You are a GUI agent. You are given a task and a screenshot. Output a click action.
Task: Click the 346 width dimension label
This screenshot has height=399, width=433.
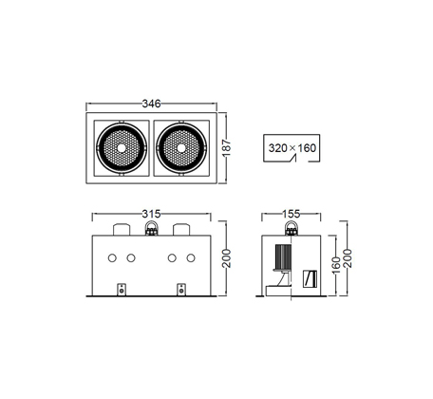tap(151, 104)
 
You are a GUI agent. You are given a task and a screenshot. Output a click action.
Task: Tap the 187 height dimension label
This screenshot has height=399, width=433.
tap(227, 148)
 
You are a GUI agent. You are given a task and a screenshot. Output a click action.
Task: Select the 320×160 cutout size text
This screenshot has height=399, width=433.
tap(292, 148)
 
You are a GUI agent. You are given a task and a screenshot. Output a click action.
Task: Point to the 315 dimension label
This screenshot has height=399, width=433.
tap(151, 214)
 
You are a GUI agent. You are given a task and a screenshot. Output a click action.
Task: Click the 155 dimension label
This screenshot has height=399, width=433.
tap(291, 214)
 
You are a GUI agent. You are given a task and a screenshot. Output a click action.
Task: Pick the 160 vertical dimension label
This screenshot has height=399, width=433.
tap(336, 265)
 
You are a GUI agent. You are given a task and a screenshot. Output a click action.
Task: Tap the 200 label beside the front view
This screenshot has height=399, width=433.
tap(227, 258)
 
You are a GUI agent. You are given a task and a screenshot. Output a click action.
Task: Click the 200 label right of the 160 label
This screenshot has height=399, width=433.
tap(348, 258)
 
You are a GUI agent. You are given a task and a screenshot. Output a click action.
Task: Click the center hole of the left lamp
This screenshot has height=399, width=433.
tap(121, 148)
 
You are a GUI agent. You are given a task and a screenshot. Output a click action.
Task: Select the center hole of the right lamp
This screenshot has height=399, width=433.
tap(181, 148)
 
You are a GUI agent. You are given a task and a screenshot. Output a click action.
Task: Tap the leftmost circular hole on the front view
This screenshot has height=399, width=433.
tap(112, 258)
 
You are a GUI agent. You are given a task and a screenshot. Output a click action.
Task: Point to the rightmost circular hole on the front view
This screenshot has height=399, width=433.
tap(191, 258)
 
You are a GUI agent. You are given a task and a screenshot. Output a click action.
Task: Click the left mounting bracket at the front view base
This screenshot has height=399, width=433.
tap(122, 290)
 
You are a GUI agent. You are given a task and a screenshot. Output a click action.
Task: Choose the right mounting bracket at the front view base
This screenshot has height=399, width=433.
tap(181, 290)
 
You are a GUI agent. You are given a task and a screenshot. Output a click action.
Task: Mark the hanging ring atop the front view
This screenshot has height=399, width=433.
tap(151, 228)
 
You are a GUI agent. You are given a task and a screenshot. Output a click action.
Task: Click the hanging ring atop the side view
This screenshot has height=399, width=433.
tap(291, 228)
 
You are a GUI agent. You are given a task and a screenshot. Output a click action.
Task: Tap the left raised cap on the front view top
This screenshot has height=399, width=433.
tap(122, 230)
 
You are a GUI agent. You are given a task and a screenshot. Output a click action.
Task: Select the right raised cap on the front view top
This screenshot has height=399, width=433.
tap(181, 230)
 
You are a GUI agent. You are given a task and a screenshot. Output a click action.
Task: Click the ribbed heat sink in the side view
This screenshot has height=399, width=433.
tap(283, 256)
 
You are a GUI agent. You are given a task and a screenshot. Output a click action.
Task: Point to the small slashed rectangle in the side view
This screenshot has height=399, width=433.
tap(310, 278)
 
